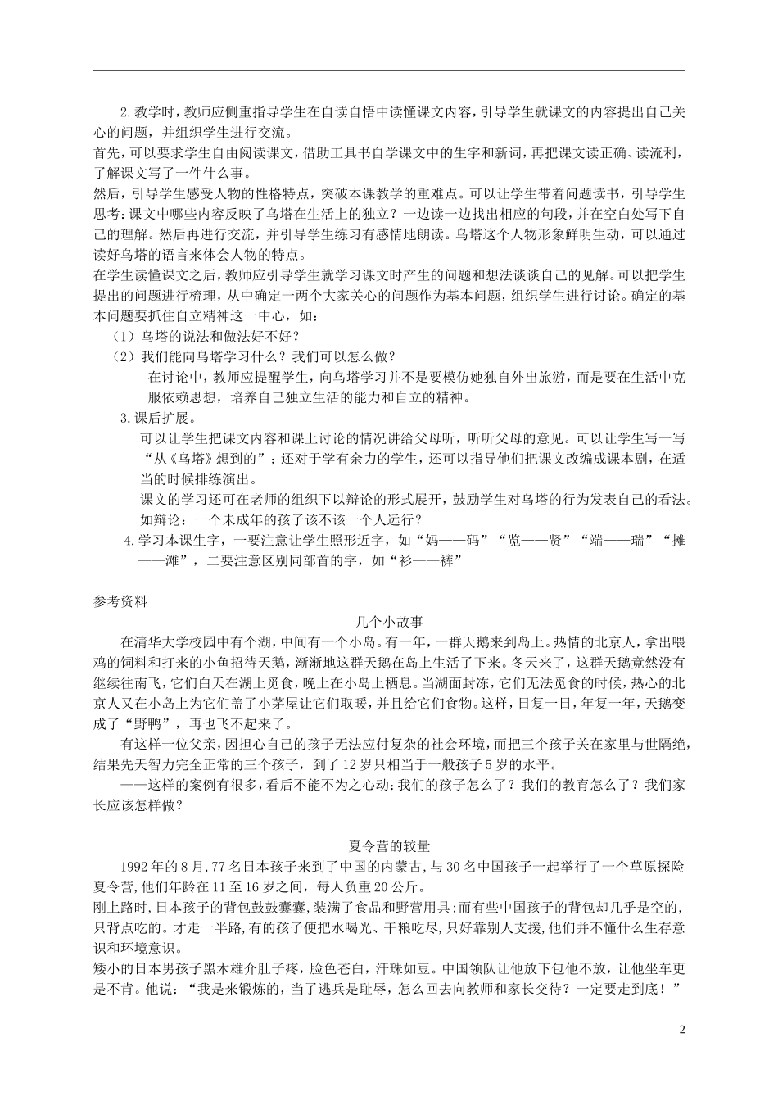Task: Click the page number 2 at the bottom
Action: point(681,1029)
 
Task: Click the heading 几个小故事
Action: point(389,621)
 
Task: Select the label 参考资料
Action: point(120,600)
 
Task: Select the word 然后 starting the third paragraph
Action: point(106,194)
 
